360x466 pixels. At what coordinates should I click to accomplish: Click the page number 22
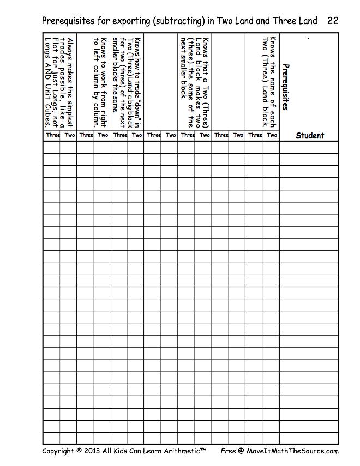(x=333, y=21)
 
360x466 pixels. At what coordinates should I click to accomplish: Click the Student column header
(x=309, y=136)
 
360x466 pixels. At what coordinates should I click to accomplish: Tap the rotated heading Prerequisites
(x=286, y=87)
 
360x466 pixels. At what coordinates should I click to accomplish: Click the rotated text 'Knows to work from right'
(x=103, y=82)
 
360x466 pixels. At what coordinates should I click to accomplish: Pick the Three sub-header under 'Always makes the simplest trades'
(x=53, y=135)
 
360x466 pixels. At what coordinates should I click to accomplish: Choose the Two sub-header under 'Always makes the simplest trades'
(x=70, y=135)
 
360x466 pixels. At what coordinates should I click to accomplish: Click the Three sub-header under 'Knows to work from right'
(x=86, y=135)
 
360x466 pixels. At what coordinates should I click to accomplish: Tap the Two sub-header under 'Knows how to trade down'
(x=137, y=135)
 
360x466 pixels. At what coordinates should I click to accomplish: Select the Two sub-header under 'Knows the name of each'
(x=272, y=135)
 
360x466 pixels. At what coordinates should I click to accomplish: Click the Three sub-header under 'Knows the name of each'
(x=255, y=135)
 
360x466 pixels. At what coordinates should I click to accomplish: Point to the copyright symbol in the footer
(x=79, y=451)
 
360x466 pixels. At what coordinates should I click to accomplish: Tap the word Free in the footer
(x=228, y=451)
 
